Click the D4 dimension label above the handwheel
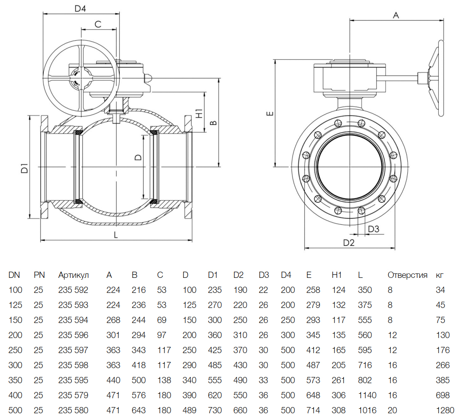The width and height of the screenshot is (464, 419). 80,8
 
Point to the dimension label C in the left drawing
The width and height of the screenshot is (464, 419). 98,24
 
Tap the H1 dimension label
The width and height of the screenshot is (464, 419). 199,113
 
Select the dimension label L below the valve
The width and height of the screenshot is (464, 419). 116,235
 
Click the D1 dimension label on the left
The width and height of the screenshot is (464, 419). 25,168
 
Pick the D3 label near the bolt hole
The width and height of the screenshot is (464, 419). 374,229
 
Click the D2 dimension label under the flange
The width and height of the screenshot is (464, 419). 349,242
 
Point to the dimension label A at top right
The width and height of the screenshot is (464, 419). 396,15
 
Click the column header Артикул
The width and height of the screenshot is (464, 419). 74,275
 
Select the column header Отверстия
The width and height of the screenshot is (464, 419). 407,275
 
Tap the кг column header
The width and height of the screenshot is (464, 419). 440,275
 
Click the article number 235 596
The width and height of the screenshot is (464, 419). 73,335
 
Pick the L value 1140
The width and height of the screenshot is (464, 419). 367,396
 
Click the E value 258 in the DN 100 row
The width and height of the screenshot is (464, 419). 313,290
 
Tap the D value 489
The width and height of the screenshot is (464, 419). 189,411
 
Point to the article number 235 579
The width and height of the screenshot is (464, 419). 73,396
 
